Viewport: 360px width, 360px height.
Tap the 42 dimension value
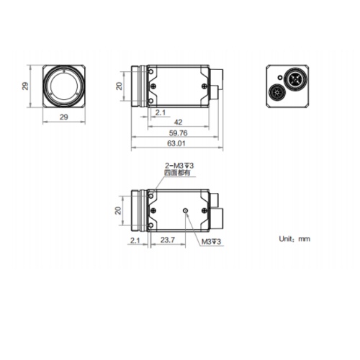click(x=177, y=122)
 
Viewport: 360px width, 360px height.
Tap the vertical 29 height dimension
click(x=25, y=86)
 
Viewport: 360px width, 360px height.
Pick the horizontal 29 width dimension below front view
click(x=63, y=117)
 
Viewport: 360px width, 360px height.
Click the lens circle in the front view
click(x=65, y=86)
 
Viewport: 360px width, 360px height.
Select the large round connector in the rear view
click(x=295, y=77)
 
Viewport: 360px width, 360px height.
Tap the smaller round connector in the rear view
click(x=277, y=93)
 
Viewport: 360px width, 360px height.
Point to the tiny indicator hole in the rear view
click(x=274, y=75)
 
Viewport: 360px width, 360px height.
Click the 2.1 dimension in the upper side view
click(x=160, y=113)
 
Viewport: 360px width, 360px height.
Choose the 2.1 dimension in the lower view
click(x=134, y=240)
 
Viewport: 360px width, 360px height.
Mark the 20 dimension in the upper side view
click(x=120, y=86)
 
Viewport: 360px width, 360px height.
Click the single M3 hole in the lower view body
click(x=186, y=210)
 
